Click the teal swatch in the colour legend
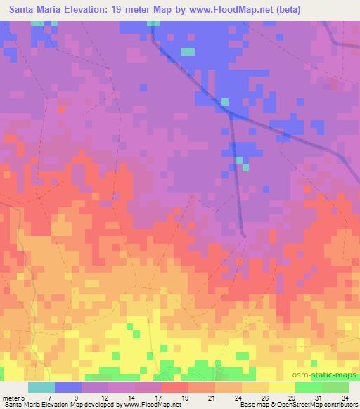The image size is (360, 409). click(41, 388)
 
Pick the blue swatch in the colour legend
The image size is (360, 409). click(68, 388)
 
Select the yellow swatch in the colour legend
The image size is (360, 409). click(282, 388)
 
